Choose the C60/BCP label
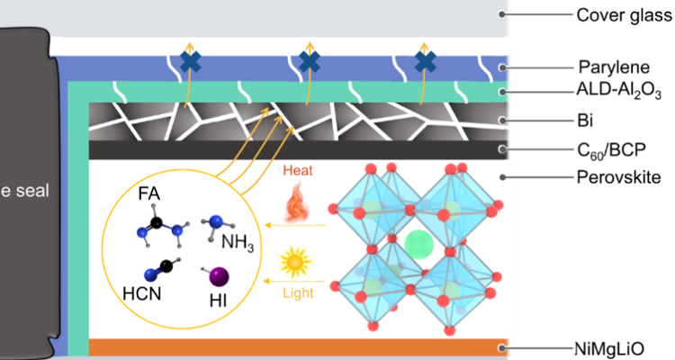point(608,148)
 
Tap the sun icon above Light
point(295,262)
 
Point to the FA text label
point(151,192)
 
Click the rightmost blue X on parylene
point(425,61)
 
